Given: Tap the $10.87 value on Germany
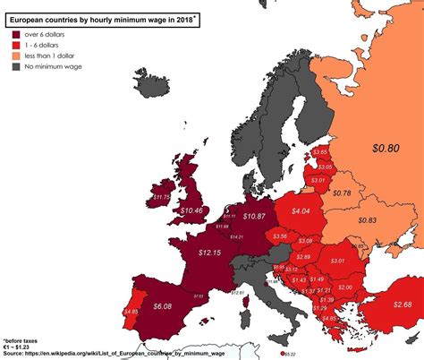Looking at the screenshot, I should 253,216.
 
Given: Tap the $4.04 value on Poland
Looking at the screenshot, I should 301,211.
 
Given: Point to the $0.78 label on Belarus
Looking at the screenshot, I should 341,193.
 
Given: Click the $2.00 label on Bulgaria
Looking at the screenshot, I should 344,286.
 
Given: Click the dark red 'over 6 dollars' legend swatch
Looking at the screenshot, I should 16,32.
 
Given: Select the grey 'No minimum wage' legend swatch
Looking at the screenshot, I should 16,67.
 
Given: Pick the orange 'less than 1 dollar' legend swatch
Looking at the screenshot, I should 16,56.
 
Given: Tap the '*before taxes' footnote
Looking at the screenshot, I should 22,341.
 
